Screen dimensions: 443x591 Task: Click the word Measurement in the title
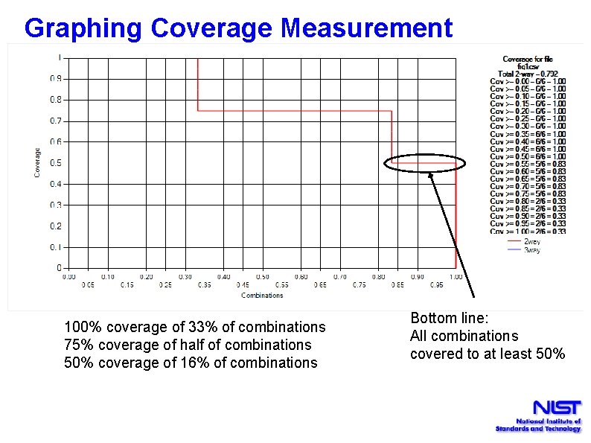[366, 28]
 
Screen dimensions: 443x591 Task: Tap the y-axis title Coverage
[37, 162]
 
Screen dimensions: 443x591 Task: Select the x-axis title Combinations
[262, 296]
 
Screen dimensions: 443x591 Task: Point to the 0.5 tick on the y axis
[56, 162]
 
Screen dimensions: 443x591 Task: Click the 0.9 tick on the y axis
[56, 78]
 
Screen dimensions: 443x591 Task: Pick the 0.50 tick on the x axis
[262, 277]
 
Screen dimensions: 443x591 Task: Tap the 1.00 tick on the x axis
[455, 277]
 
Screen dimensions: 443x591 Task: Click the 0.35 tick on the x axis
[204, 284]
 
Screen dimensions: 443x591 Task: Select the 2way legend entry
[531, 241]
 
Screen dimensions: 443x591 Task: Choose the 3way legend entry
[531, 250]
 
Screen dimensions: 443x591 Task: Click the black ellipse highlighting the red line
[425, 164]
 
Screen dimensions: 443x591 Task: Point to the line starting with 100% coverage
[195, 327]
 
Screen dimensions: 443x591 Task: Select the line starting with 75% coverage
[188, 345]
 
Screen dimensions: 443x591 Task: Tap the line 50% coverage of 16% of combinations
[191, 363]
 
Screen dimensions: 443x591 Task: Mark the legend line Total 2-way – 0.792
[528, 74]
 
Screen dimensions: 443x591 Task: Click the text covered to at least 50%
[488, 354]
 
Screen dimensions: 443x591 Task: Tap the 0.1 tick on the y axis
[56, 246]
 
